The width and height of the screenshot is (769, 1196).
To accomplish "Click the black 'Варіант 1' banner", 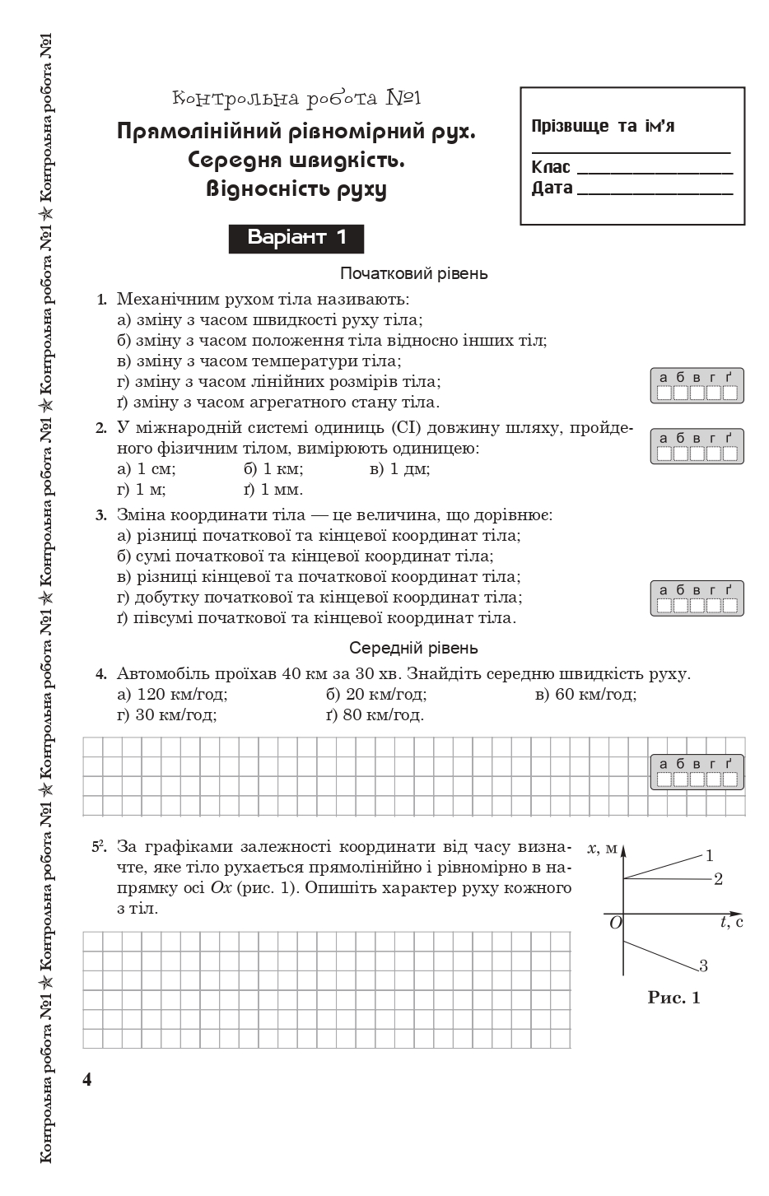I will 296,238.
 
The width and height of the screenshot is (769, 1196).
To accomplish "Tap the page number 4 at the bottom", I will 87,1079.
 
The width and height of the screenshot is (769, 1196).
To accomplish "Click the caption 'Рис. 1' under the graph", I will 673,998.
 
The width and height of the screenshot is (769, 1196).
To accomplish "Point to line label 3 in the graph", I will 703,966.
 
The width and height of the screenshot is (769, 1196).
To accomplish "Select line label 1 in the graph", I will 709,855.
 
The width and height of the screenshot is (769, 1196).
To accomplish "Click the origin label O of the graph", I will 614,923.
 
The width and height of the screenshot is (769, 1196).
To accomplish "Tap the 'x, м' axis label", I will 602,848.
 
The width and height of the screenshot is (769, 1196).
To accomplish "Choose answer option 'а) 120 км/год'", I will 172,695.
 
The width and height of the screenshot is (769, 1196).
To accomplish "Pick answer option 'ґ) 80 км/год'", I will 375,714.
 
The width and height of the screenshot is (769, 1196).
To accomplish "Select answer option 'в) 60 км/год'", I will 585,695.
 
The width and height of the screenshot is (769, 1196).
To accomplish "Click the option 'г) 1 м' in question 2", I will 142,490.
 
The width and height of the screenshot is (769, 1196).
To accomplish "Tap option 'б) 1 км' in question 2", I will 273,469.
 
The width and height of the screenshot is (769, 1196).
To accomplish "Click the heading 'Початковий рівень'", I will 413,273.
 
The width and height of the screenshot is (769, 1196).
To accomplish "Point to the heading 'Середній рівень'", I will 413,648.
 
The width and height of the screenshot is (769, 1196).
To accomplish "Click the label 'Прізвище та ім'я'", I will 603,126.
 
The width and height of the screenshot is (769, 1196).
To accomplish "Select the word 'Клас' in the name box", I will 551,167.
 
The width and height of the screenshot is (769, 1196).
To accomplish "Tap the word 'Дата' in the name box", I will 552,188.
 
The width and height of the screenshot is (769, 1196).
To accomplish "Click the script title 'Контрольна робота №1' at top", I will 296,99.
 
